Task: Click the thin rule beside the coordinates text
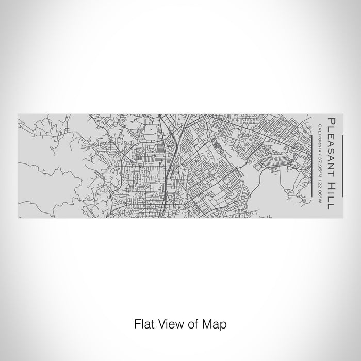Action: (x=313, y=165)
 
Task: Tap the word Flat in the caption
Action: (x=143, y=325)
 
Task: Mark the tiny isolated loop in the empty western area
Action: (x=44, y=170)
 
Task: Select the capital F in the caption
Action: (x=137, y=325)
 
